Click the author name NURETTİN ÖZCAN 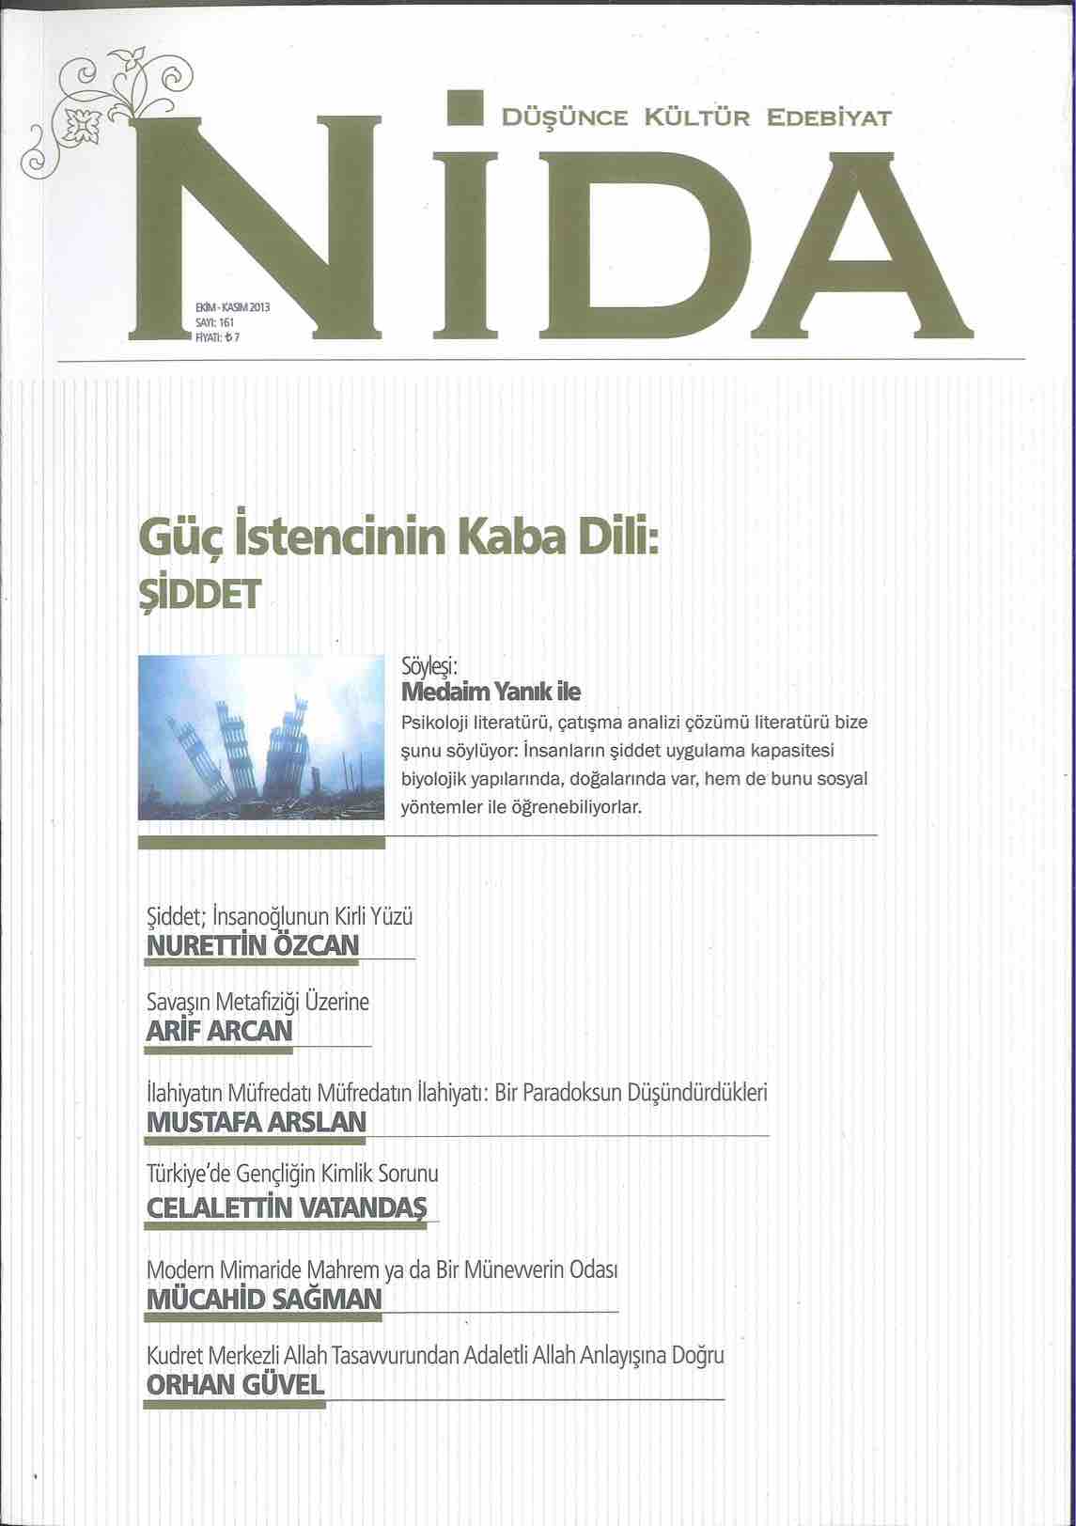pos(253,944)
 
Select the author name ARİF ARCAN pos(220,1031)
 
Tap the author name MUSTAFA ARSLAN pos(257,1122)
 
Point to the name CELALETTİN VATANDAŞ pos(287,1207)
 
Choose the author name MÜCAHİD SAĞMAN pos(264,1299)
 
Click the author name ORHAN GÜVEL pos(236,1384)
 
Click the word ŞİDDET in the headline pos(195,595)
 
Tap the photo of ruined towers pos(260,737)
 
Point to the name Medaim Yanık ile pos(491,693)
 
